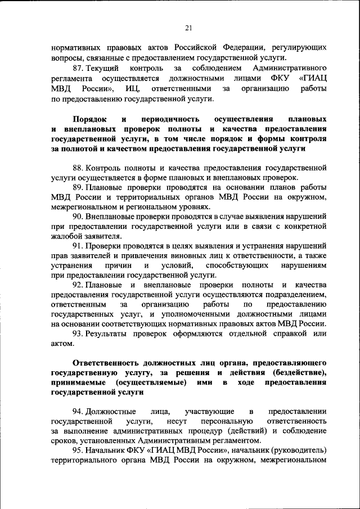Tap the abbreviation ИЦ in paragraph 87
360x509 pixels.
click(132, 89)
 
